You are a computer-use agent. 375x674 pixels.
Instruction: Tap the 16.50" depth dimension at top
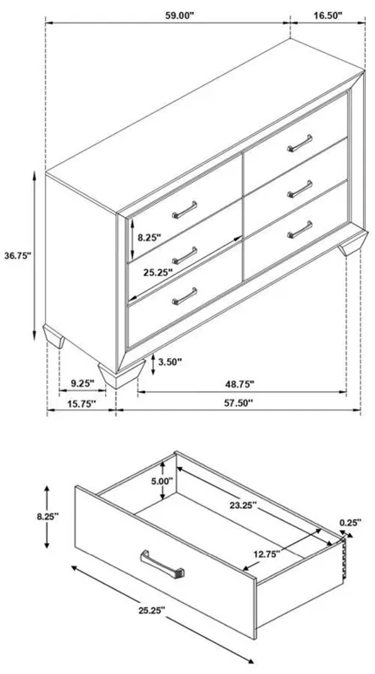coord(328,16)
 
